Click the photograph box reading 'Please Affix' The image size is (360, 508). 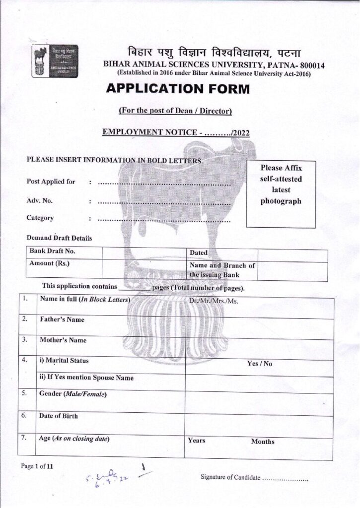281,185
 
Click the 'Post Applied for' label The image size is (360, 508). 51,182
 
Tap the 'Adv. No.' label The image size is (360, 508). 40,201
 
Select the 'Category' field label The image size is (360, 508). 40,218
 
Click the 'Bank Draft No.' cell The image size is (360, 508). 52,252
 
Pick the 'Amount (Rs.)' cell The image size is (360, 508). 50,263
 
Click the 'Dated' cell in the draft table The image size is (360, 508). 199,253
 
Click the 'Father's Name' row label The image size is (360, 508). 62,319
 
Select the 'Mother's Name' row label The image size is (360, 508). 63,340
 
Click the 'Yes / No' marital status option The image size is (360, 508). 260,364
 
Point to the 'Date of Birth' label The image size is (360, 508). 59,415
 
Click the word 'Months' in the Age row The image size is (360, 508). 263,442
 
